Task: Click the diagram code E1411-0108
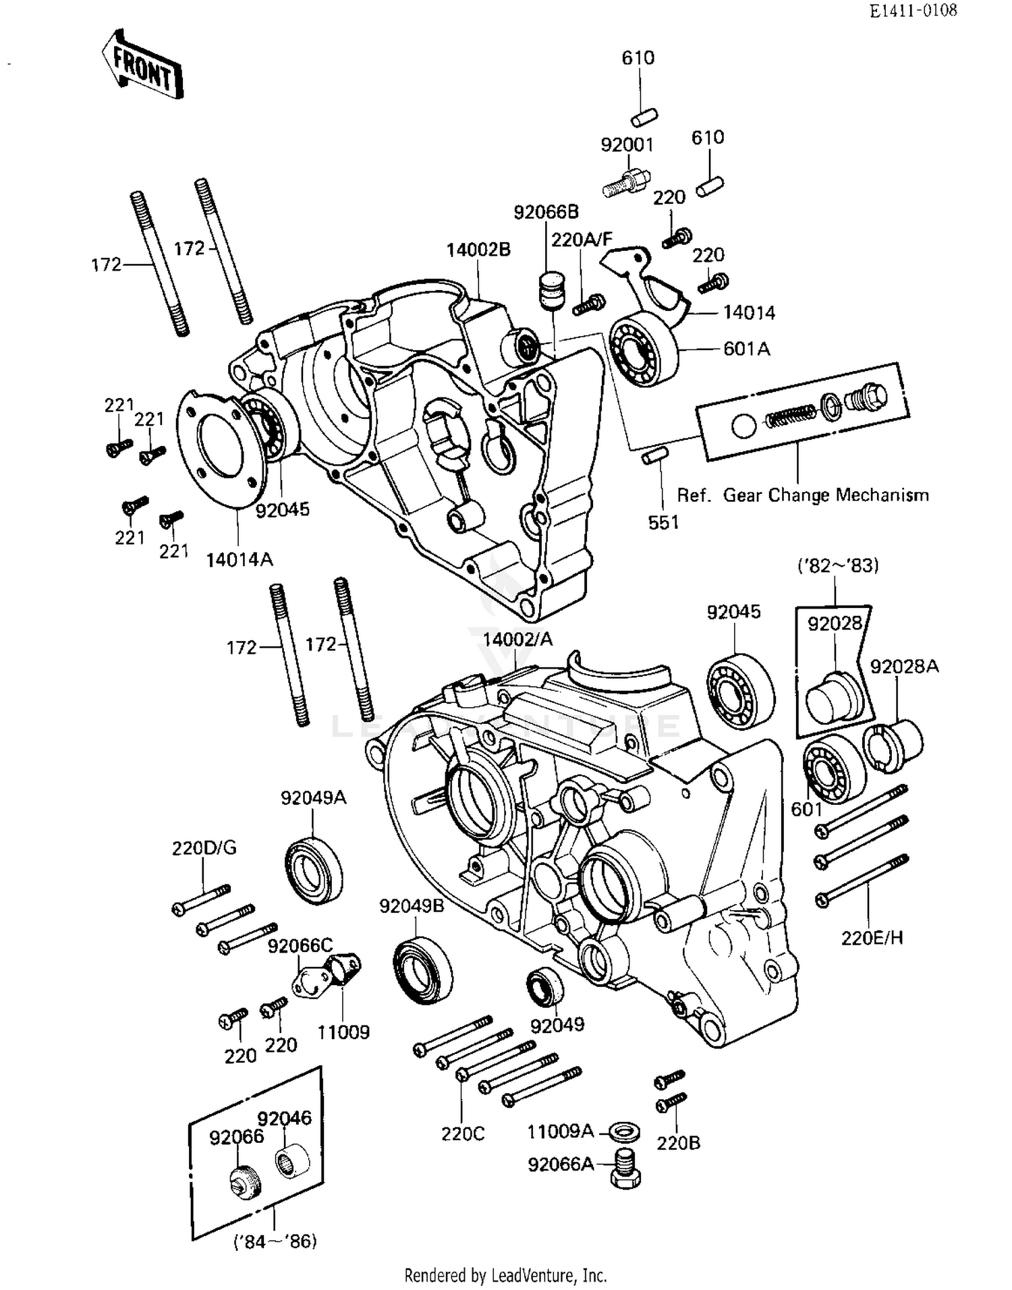[x=912, y=11]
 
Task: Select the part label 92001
[x=627, y=144]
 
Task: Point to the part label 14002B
[x=478, y=250]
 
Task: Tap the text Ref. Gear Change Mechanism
[x=803, y=495]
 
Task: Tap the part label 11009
[x=344, y=1032]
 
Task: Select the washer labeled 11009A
[x=624, y=1131]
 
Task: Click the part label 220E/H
[x=872, y=938]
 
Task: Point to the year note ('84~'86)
[x=275, y=1241]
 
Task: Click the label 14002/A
[x=517, y=639]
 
